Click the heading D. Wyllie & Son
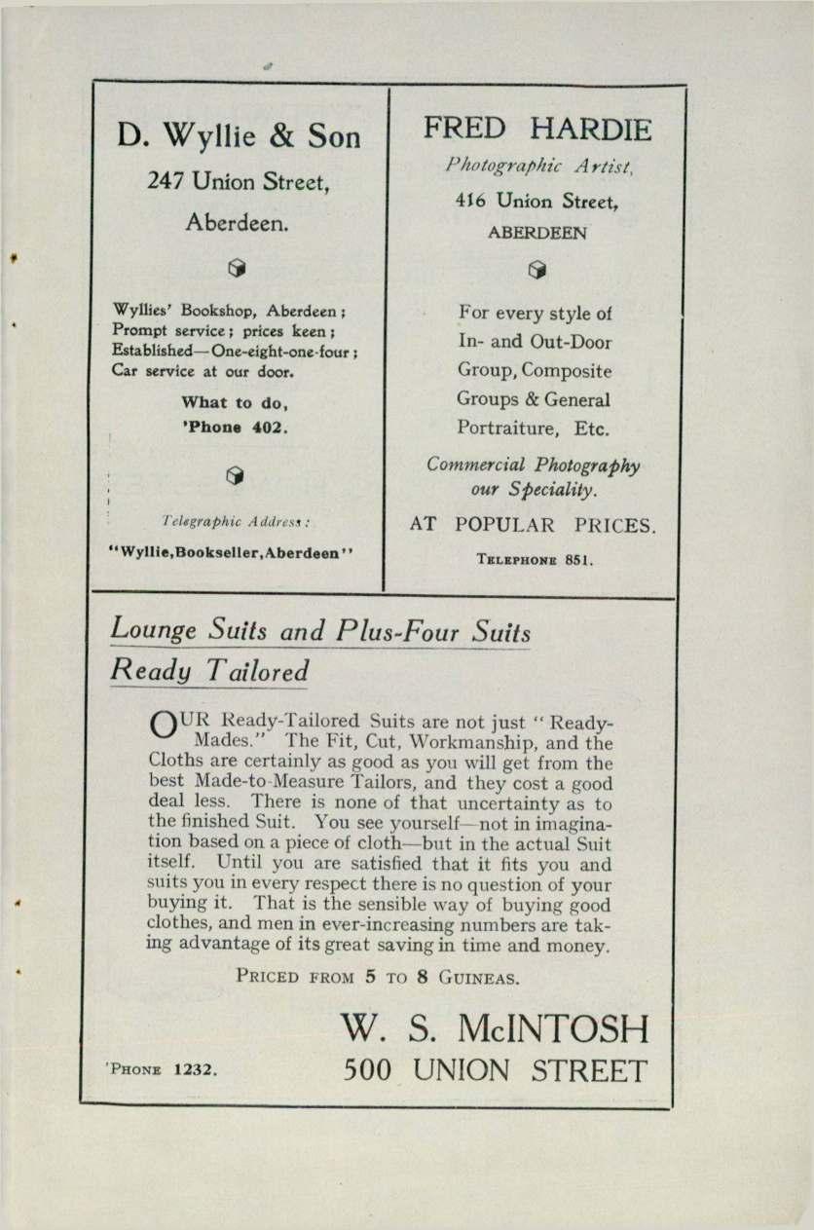click(239, 136)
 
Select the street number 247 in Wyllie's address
click(166, 181)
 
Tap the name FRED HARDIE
click(538, 129)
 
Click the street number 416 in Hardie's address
click(470, 201)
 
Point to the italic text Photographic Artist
click(538, 167)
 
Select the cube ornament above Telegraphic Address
click(234, 474)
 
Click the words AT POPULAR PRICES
click(534, 526)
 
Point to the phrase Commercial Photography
click(534, 465)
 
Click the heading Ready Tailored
click(210, 670)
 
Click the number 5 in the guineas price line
click(370, 976)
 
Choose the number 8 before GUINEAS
click(423, 976)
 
